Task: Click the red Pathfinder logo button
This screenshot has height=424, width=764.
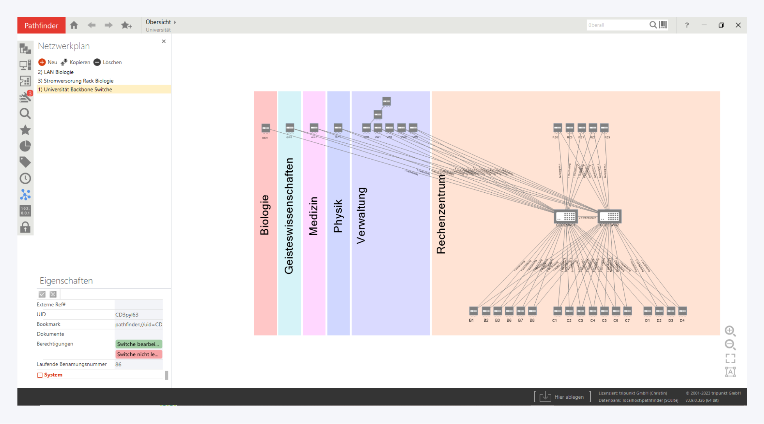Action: [41, 25]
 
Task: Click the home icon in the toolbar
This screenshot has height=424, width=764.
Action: [74, 25]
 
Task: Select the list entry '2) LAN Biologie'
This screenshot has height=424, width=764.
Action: [56, 72]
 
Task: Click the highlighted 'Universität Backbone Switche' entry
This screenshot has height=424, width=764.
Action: [78, 90]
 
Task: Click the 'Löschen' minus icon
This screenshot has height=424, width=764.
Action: [97, 62]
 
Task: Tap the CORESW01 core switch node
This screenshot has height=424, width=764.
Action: [566, 216]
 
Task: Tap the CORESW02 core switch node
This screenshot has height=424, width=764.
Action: [609, 216]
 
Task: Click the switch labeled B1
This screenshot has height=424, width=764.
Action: [473, 311]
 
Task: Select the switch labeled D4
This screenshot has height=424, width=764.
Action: [682, 311]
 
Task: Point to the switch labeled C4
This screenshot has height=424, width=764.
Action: [592, 311]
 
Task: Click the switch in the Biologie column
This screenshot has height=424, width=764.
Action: [265, 128]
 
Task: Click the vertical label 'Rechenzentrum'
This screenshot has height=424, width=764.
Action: [441, 214]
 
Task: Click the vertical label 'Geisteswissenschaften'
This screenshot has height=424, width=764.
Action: [289, 216]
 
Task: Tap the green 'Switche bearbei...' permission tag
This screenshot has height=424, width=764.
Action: [138, 344]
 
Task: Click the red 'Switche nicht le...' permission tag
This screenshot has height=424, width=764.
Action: [138, 354]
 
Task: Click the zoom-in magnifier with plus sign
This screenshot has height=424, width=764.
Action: [730, 331]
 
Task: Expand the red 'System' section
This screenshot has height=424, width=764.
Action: [40, 375]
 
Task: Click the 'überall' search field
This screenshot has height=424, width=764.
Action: [616, 25]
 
